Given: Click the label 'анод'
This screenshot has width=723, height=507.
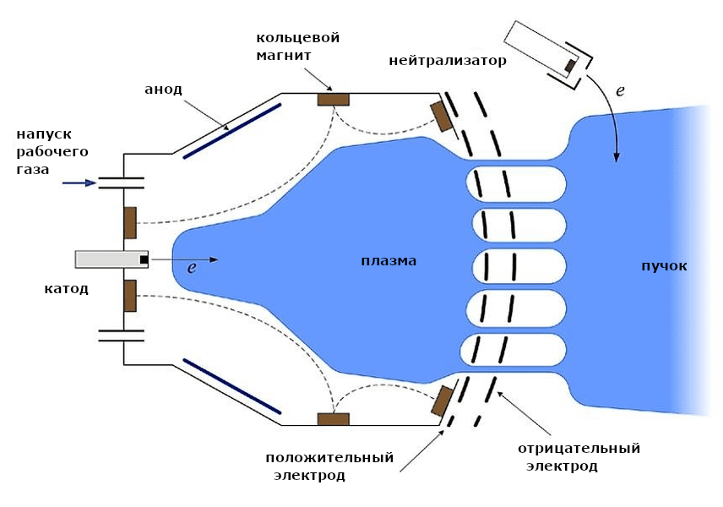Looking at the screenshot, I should [x=164, y=89].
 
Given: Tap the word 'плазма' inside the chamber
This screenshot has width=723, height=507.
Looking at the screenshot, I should [x=386, y=260].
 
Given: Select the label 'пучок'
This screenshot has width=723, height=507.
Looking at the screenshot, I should [x=664, y=265].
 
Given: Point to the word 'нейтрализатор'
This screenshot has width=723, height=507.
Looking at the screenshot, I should [x=448, y=61].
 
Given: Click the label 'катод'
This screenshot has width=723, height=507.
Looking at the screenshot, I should [x=67, y=289].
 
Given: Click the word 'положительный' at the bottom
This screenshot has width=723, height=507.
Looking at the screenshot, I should [x=329, y=458].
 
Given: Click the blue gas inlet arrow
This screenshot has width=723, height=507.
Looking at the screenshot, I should [x=80, y=182].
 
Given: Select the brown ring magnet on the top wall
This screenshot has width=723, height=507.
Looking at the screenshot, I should [x=333, y=99].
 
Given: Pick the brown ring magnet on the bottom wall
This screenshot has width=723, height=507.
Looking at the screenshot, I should [x=333, y=418].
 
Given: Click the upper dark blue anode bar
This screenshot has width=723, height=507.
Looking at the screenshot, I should [x=232, y=130].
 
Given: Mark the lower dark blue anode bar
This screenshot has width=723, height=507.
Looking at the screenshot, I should [x=232, y=385].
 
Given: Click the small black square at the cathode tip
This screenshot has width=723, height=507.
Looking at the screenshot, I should [x=144, y=259].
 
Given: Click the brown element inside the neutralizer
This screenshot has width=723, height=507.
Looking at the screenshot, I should [x=570, y=65].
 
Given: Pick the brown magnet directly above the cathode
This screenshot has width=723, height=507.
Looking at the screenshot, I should [x=130, y=222].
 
